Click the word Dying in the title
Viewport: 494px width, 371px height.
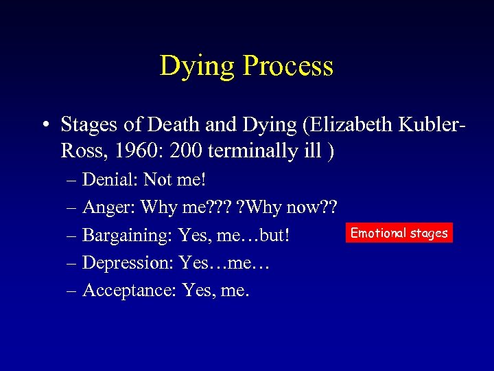(198, 67)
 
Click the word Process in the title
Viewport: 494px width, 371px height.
(288, 67)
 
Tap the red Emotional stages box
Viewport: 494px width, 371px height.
(399, 233)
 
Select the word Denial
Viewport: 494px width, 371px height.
(110, 180)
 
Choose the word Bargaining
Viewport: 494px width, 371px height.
(128, 236)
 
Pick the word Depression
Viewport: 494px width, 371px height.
(127, 263)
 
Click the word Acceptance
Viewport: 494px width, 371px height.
(129, 291)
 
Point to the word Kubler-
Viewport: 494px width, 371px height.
(425, 124)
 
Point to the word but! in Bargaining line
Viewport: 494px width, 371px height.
(277, 236)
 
